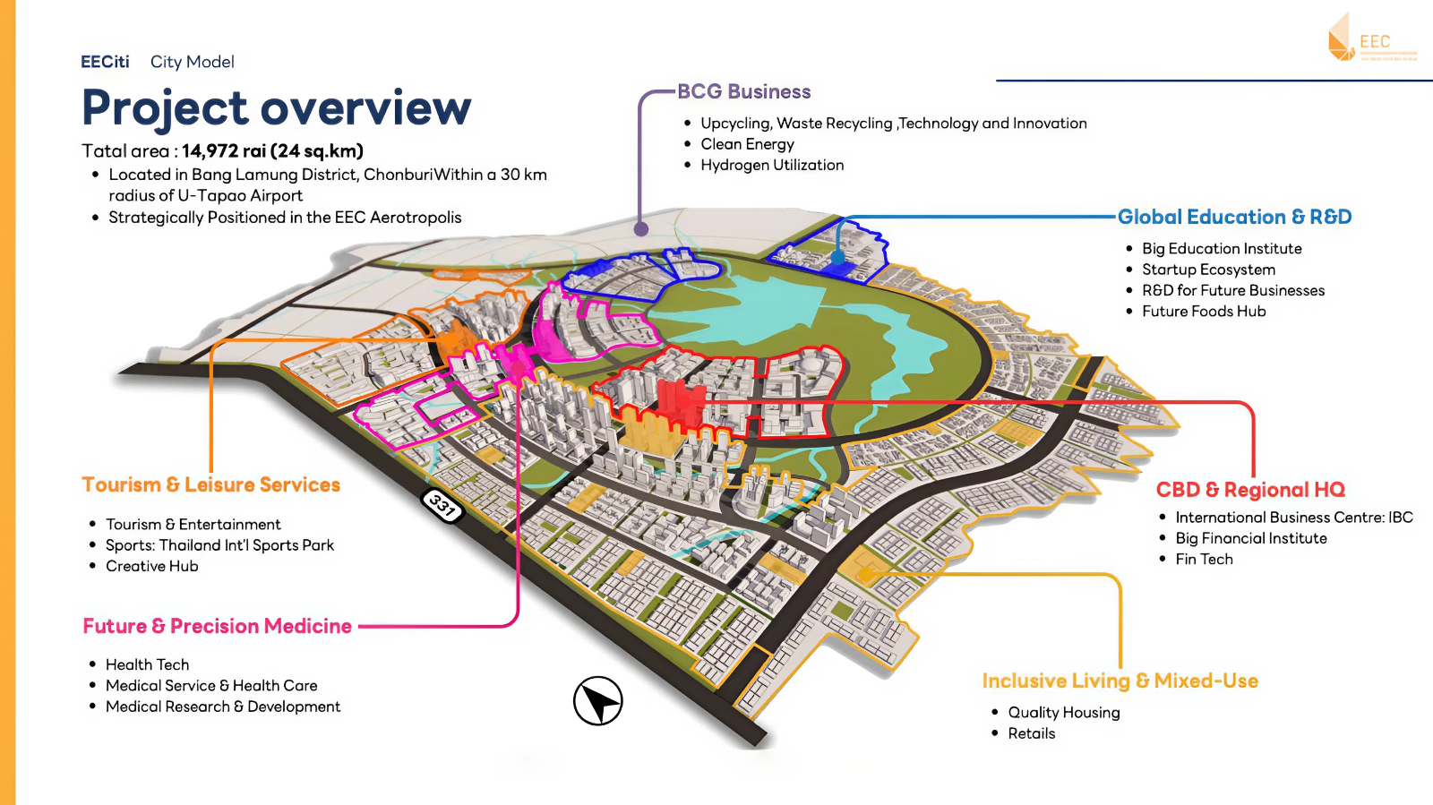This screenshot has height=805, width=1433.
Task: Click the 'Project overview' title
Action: [276, 108]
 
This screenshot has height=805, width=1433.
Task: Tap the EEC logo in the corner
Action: [1370, 39]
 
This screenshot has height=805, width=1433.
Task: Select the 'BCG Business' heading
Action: [743, 91]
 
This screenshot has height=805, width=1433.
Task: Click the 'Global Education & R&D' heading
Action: [1234, 217]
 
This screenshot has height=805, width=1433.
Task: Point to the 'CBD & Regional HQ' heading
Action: [1250, 490]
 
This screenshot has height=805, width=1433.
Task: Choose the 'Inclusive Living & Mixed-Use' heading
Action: [1120, 681]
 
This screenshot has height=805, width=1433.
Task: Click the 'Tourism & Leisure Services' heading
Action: [211, 484]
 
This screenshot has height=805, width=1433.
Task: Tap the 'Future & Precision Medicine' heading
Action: [218, 626]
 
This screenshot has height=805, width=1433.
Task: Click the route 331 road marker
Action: [442, 506]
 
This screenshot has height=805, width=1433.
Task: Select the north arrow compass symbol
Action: [598, 701]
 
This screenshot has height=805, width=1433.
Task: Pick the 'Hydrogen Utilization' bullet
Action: [772, 165]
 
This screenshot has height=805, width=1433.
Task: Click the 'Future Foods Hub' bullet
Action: [1204, 312]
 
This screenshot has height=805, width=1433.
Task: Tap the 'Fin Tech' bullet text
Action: [1204, 559]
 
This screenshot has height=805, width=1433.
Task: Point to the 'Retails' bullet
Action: [1032, 733]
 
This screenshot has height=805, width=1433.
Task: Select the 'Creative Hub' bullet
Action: [152, 566]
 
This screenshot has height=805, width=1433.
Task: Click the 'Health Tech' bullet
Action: [148, 664]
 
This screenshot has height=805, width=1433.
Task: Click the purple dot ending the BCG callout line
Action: [641, 229]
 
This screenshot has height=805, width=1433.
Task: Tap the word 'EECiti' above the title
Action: [105, 62]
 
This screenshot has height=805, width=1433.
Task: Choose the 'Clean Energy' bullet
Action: [747, 144]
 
